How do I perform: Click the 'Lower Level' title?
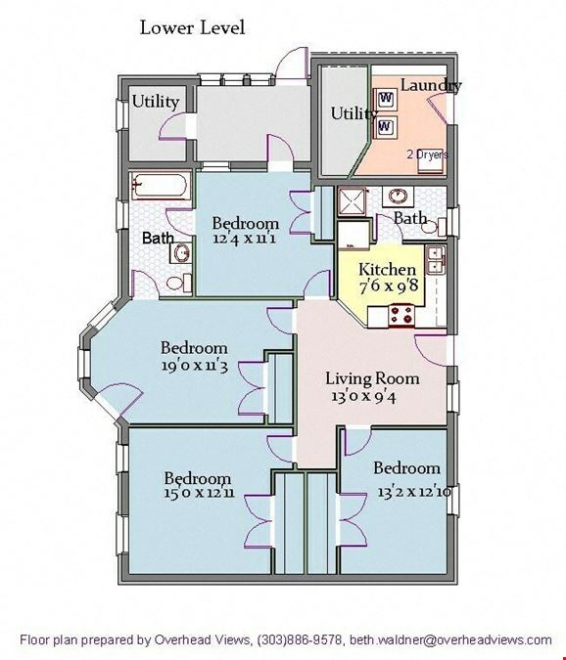192,28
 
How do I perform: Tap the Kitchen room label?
388,269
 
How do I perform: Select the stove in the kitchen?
401,316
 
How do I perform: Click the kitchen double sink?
436,260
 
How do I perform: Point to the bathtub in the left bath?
161,185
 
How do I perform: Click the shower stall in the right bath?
352,200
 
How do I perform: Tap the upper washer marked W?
386,99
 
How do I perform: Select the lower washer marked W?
386,126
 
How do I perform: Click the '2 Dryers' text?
427,154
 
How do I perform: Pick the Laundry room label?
431,85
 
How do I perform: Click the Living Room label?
372,378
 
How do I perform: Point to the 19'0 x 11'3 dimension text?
194,366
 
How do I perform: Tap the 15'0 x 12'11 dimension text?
200,493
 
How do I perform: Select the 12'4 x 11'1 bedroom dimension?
245,239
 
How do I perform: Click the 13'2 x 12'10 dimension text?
414,492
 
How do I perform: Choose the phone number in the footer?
300,640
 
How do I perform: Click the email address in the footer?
450,640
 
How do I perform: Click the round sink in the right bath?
398,197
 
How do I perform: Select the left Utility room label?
156,102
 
